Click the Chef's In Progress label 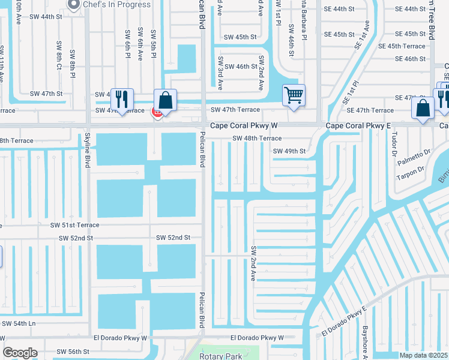click(118, 5)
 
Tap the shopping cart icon click(294, 95)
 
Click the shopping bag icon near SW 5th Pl click(166, 100)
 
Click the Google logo click(20, 353)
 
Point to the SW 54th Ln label click(19, 323)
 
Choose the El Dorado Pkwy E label click(343, 322)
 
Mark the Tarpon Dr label click(411, 173)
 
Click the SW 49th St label click(289, 151)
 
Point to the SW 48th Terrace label click(257, 139)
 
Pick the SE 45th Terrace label click(402, 46)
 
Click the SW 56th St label click(73, 352)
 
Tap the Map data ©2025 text click(423, 355)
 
